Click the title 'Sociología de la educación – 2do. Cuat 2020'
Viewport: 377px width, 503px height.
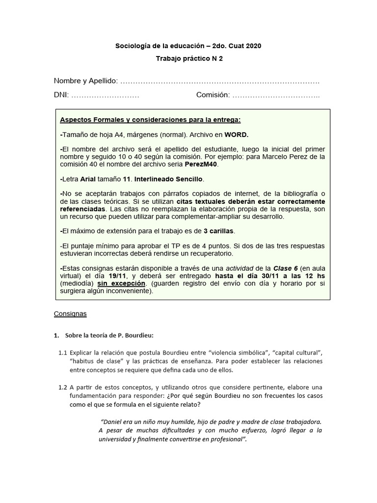pyautogui.click(x=188, y=46)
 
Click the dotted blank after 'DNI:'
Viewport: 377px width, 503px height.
pyautogui.click(x=106, y=95)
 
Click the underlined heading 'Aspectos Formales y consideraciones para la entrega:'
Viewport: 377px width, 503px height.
pyautogui.click(x=150, y=120)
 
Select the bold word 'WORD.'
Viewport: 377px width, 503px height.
pyautogui.click(x=237, y=134)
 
